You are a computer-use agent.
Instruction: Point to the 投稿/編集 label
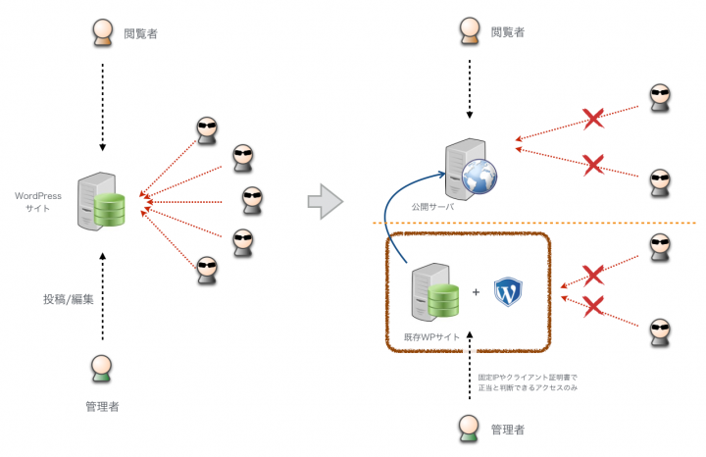(68, 298)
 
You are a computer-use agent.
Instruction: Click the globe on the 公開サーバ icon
(480, 176)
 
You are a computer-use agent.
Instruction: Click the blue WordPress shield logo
(508, 291)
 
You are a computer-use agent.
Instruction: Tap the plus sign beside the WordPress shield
(477, 292)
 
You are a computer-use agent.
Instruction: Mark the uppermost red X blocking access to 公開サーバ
(592, 120)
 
